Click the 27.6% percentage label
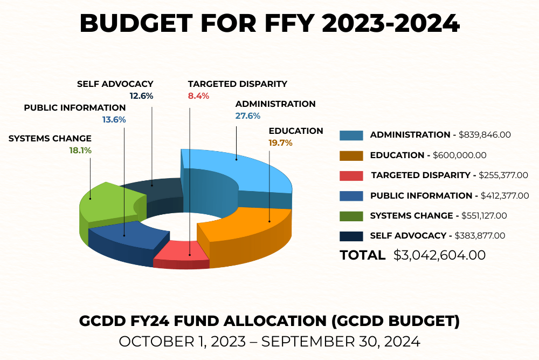[x=248, y=116]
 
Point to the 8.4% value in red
[x=198, y=96]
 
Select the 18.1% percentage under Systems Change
[x=80, y=151]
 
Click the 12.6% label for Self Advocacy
[x=141, y=96]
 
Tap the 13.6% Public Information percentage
[x=114, y=120]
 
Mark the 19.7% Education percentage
[x=280, y=143]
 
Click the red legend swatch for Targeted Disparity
[x=351, y=175]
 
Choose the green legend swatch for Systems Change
[x=351, y=216]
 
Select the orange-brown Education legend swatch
[x=351, y=155]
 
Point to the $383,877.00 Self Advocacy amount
[x=480, y=236]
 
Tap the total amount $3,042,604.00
[x=439, y=255]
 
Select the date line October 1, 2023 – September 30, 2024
[x=269, y=341]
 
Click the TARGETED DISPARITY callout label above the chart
[x=237, y=84]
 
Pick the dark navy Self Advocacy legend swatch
[x=351, y=236]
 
